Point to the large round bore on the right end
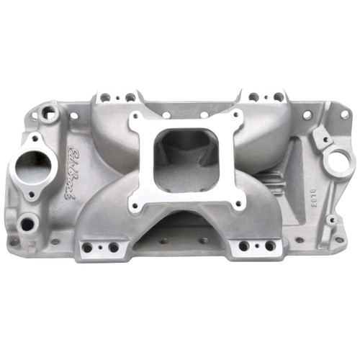pyautogui.click(x=337, y=161)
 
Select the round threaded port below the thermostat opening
pyautogui.click(x=27, y=224)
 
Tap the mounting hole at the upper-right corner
pyautogui.click(x=344, y=114)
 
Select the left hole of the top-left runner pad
pyautogui.click(x=105, y=97)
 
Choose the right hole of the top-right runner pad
pyautogui.click(x=278, y=96)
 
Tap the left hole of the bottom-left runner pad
pyautogui.click(x=87, y=248)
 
